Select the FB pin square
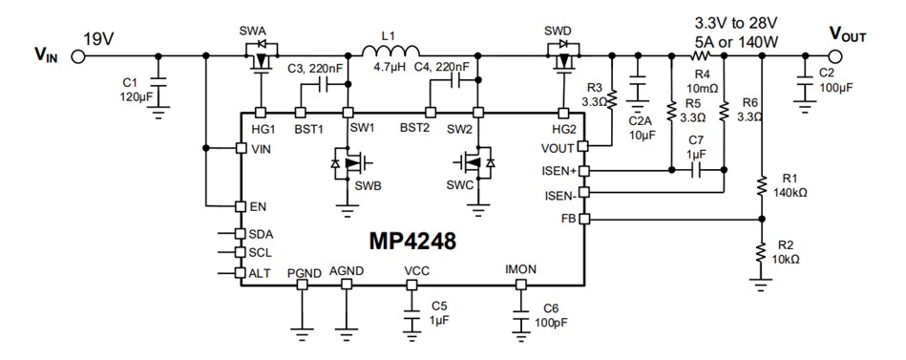(x=585, y=219)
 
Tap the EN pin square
(x=239, y=206)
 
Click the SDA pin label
(x=261, y=234)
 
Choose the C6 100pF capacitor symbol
(x=521, y=317)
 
